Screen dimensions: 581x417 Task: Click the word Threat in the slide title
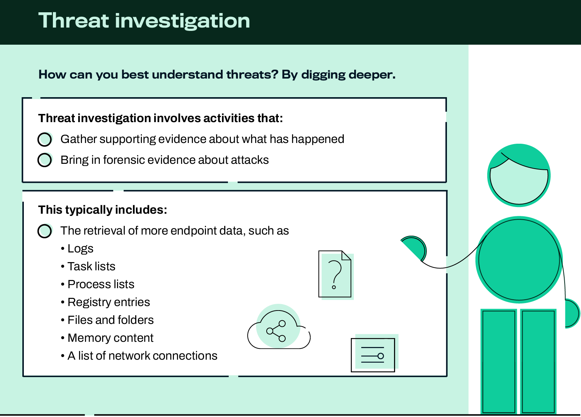[74, 20]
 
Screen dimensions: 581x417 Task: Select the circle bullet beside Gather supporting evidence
[45, 139]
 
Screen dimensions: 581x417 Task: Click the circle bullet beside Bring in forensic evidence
[45, 160]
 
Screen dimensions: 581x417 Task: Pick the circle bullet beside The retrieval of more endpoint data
[45, 230]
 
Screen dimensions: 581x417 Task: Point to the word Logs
[80, 249]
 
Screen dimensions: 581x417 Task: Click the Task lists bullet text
[91, 266]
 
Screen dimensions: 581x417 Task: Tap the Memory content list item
[111, 338]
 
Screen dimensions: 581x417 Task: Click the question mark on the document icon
[335, 275]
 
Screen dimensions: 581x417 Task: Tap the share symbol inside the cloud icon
[276, 331]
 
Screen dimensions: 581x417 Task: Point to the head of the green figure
[519, 175]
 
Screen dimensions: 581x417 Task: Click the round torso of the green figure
[519, 260]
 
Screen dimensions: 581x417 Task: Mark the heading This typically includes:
[103, 210]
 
